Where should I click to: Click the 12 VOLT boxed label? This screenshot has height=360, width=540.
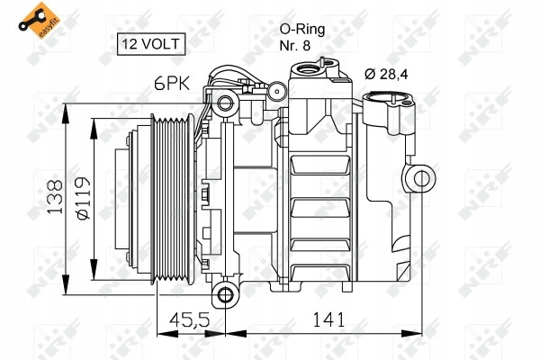coord(151,44)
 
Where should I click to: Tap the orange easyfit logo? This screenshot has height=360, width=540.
coord(39,20)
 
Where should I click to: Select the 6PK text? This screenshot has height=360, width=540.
coord(172,84)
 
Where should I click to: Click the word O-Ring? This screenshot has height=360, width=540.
coord(302,30)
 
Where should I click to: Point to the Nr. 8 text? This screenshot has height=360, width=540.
coord(295,46)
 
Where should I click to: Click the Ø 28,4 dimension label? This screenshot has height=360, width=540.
coord(386,74)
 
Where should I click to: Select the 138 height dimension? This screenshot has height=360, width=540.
coord(55,197)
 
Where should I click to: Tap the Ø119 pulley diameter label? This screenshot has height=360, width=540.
coord(83,198)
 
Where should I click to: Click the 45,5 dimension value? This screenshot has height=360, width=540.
coord(189,319)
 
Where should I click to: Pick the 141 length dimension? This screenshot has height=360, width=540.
coord(328,319)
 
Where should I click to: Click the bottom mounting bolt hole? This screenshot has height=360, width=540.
coord(225,295)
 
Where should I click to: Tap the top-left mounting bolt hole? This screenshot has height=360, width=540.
coord(225,103)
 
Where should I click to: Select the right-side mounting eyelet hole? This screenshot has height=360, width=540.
coord(421,178)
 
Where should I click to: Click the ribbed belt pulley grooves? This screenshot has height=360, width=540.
coord(172,199)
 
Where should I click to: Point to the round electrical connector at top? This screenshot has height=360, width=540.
coord(276,91)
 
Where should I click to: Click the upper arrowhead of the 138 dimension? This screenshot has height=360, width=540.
coord(66,113)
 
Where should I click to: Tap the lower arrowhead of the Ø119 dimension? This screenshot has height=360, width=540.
coord(94,270)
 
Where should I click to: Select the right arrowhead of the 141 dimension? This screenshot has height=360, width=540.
coord(411,334)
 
